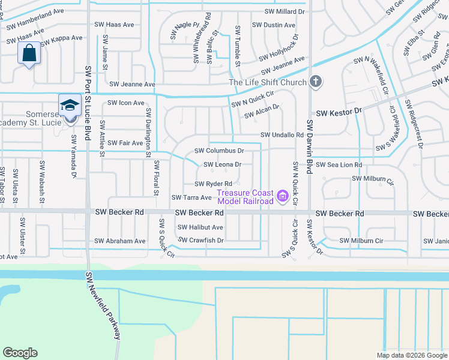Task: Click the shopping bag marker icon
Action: pos(29,54)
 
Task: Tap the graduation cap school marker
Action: pos(70,105)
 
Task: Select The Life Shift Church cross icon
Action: pos(317,82)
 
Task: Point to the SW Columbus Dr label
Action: pos(219,151)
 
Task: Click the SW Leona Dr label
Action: pos(223,164)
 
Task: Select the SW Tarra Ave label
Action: pos(191,197)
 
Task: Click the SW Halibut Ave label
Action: pos(200,227)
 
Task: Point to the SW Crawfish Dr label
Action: pos(201,241)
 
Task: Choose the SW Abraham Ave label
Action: pos(120,241)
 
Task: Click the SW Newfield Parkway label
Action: pos(102,306)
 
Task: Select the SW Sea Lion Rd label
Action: pos(339,164)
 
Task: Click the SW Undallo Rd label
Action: pos(282,136)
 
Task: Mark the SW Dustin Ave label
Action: pos(273,25)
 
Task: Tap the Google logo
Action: pos(20,353)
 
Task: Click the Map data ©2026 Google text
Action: pos(411,355)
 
